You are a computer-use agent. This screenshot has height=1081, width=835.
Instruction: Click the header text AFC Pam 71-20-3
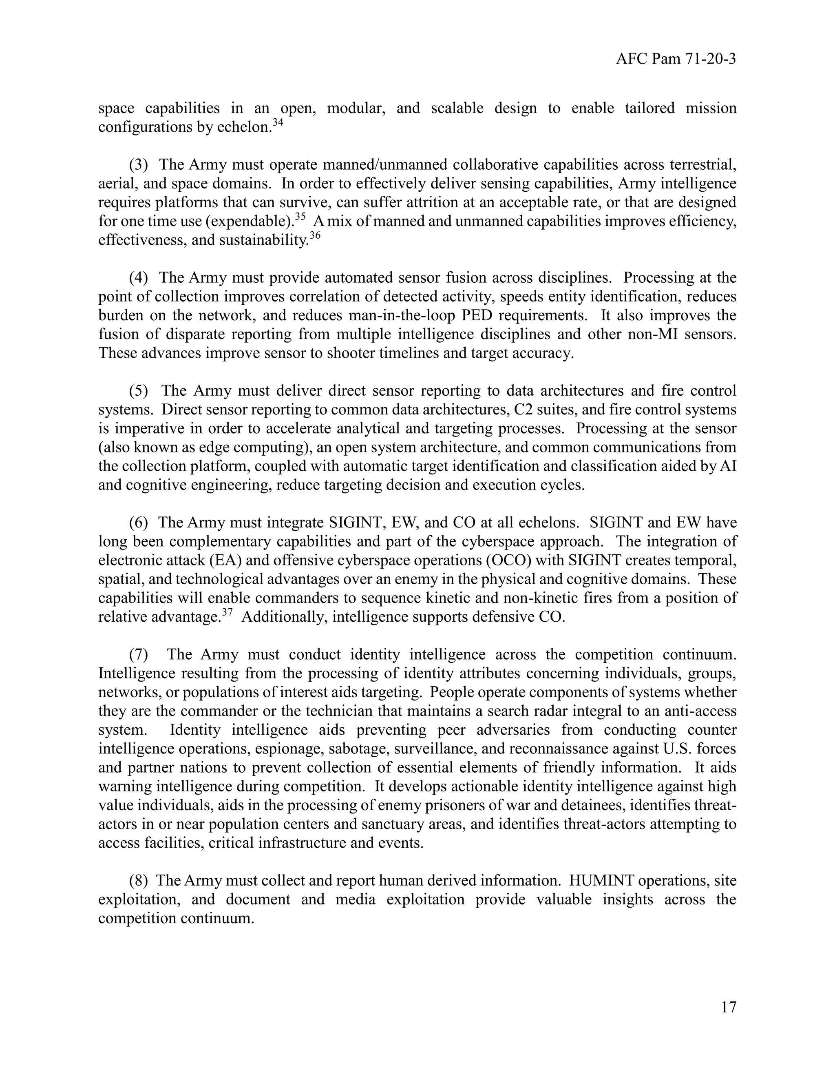click(x=676, y=60)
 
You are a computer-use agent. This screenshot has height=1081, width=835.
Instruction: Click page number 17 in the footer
click(x=729, y=1007)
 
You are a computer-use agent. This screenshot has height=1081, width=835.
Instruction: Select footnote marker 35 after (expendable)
click(x=300, y=216)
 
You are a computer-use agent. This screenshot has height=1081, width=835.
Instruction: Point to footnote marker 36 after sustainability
click(x=315, y=235)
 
